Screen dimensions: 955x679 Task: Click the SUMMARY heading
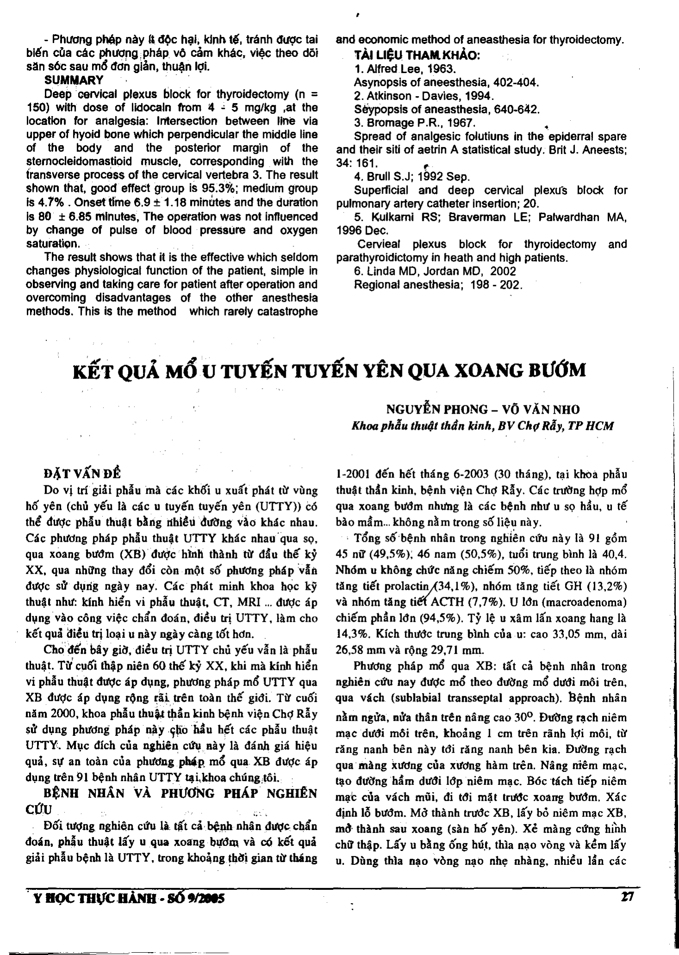click(x=74, y=80)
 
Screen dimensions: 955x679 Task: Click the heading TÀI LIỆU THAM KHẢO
click(x=417, y=56)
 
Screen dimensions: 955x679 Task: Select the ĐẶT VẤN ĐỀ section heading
click(x=81, y=473)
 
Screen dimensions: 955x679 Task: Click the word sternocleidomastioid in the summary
click(x=79, y=162)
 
